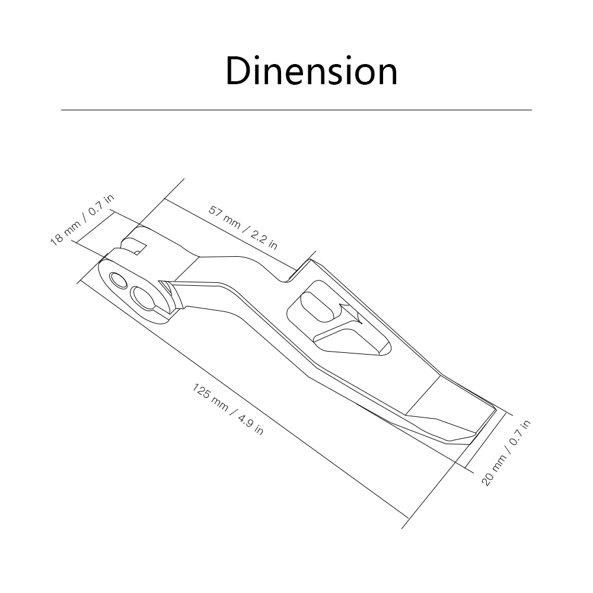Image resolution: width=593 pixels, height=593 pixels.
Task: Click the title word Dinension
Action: tap(311, 71)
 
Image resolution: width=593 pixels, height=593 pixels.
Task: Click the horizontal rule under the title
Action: tap(296, 110)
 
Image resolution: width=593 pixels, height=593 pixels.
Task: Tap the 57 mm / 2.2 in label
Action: tap(243, 228)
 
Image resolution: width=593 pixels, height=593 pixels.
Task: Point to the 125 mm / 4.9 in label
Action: tap(228, 409)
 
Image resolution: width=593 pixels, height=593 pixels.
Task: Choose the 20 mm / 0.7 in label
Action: tap(506, 452)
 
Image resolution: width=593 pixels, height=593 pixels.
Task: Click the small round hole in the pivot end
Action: tap(118, 280)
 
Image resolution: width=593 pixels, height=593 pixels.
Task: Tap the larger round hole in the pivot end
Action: tap(144, 298)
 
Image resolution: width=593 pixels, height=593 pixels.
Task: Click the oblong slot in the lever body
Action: tap(316, 307)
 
